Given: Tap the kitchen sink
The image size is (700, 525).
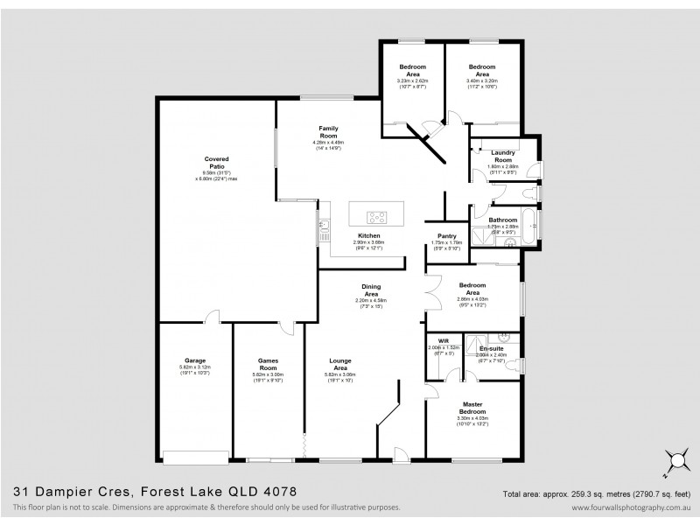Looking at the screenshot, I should point(324,229).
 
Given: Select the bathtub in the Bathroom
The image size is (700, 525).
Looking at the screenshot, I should point(533,225).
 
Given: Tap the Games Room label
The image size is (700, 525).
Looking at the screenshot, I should point(268,360).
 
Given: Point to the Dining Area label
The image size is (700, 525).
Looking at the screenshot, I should point(371,289).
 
